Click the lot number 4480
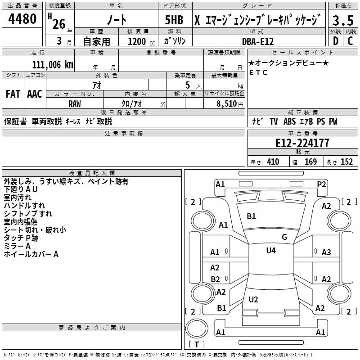point(22,19)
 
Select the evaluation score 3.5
point(343,20)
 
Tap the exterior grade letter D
point(336,41)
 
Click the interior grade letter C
point(350,41)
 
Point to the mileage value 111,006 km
point(53,65)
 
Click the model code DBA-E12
point(258,41)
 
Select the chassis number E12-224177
point(302,143)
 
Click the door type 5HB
point(174,20)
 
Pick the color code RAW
point(75,104)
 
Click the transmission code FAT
point(13,94)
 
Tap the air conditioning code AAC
point(35,94)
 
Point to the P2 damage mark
point(321,184)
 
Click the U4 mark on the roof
point(271,250)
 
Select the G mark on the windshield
point(284,237)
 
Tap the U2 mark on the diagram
point(253,299)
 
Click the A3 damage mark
point(326,252)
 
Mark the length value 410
point(273,162)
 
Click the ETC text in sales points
point(258,72)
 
